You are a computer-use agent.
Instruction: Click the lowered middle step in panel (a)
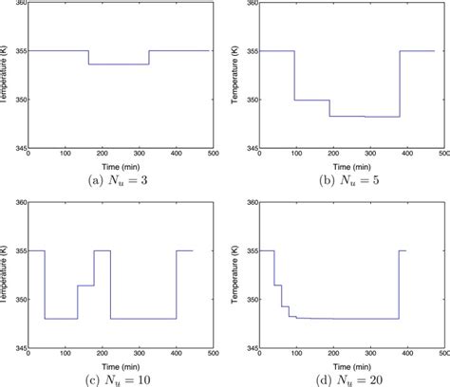point(119,64)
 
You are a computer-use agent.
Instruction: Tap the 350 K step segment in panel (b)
point(312,100)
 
